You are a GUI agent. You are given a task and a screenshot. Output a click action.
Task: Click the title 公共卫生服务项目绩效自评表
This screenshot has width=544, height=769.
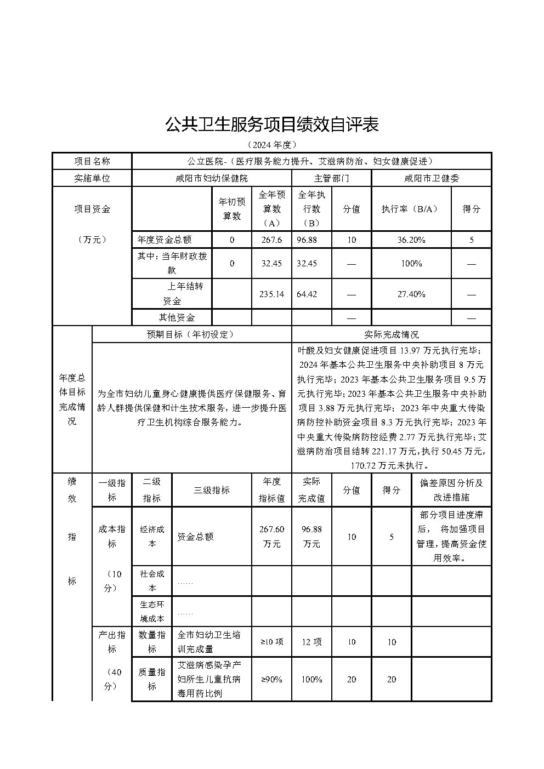click(x=272, y=125)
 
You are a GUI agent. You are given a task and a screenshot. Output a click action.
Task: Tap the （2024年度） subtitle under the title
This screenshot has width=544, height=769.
click(x=272, y=145)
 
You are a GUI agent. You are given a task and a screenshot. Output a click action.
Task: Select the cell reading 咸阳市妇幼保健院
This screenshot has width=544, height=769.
click(x=211, y=178)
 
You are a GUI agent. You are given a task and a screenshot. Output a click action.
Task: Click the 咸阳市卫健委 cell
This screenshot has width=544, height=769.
click(x=431, y=178)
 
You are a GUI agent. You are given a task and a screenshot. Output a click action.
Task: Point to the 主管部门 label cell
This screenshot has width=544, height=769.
click(x=331, y=178)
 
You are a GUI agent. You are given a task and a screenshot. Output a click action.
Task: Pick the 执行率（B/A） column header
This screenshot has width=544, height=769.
click(x=411, y=209)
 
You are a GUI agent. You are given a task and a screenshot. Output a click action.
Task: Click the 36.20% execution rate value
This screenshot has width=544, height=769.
click(x=411, y=240)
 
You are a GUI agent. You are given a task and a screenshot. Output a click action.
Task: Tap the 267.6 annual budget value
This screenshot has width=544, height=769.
click(x=271, y=240)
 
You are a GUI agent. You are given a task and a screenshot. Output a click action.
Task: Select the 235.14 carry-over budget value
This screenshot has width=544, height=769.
click(x=271, y=294)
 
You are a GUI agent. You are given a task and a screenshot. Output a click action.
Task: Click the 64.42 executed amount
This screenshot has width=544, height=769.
click(x=307, y=294)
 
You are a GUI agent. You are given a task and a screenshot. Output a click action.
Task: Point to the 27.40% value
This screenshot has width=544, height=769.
click(x=411, y=294)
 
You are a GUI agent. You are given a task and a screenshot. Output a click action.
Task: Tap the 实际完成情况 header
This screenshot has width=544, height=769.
click(x=391, y=334)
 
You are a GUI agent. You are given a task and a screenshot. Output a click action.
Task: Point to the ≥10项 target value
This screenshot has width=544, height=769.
click(x=271, y=642)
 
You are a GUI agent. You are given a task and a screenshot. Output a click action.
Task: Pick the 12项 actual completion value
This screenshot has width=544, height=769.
click(x=311, y=642)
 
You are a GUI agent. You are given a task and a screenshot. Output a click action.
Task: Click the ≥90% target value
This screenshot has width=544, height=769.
click(x=271, y=679)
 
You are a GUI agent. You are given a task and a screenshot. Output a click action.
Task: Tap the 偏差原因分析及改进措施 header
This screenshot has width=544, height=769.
click(x=451, y=490)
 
